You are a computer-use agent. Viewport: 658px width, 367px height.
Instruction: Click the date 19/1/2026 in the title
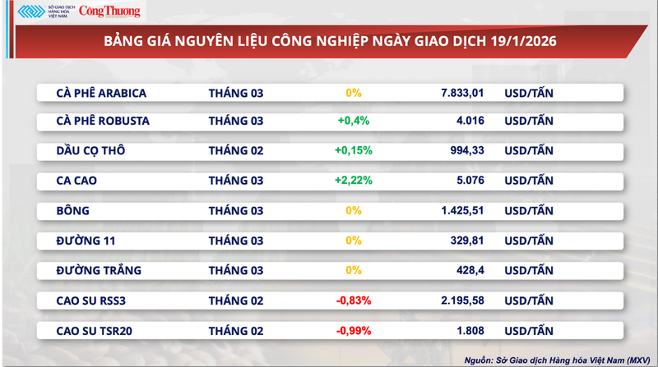(521, 41)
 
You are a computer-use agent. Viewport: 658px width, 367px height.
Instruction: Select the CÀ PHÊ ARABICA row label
(102, 93)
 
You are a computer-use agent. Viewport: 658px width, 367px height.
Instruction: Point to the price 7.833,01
(466, 93)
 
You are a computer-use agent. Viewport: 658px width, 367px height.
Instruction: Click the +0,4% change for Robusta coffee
(354, 122)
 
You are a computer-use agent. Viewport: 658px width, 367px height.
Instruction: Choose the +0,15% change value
(354, 151)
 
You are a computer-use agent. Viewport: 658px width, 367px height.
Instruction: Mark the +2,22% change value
(354, 181)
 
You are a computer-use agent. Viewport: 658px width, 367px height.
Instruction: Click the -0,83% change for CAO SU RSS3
(354, 300)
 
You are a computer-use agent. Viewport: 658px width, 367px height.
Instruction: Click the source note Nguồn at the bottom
(554, 357)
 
